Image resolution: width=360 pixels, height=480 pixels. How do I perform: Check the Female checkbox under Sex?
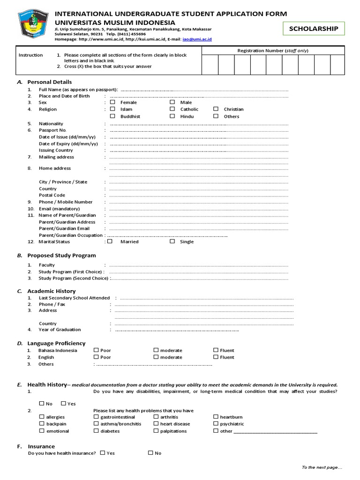click(x=112, y=102)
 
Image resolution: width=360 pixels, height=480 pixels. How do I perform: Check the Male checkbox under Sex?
click(x=172, y=102)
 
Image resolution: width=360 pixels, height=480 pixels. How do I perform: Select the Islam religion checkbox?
click(x=112, y=109)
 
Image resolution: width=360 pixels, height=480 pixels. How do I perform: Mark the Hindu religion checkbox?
click(x=172, y=116)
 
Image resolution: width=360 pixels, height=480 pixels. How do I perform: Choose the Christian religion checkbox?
click(x=216, y=109)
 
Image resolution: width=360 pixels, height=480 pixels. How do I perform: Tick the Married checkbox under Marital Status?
click(x=110, y=242)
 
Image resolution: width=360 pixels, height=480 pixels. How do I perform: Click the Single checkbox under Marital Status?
click(x=172, y=242)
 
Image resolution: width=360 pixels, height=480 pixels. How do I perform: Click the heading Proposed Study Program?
click(x=61, y=255)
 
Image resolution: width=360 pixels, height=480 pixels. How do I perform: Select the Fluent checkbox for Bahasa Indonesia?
click(x=216, y=350)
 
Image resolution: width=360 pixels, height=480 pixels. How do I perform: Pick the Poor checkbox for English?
click(x=96, y=357)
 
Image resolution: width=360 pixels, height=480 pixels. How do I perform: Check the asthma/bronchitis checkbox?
click(x=96, y=424)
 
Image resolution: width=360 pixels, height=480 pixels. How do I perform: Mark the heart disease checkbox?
click(x=156, y=424)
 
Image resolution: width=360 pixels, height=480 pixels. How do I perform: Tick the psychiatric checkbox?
click(x=216, y=424)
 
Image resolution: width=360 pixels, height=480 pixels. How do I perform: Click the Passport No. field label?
click(x=52, y=130)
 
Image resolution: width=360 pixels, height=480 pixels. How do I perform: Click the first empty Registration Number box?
click(x=210, y=65)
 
